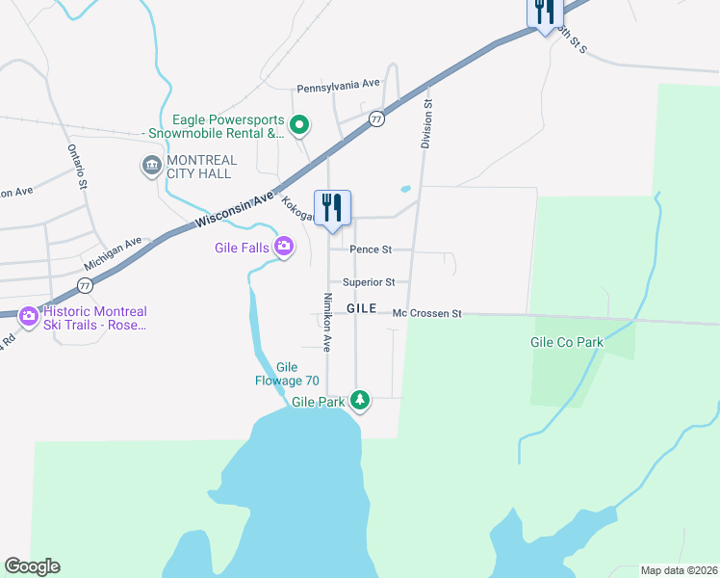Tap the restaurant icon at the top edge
545,12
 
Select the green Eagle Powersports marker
299,124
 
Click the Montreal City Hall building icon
151,166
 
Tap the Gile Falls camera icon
283,248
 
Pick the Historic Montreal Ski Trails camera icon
28,315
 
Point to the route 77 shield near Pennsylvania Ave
376,118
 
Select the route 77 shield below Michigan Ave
86,285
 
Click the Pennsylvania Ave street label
338,85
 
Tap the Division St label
426,123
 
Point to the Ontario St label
77,166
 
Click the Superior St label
370,282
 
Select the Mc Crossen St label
427,314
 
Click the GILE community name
361,308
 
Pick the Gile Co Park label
566,342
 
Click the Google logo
32,566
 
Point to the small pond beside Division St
405,189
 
